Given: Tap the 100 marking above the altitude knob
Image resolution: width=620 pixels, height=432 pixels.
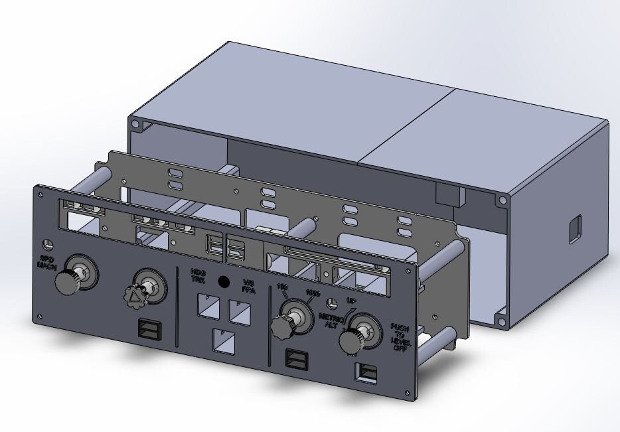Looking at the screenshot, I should coord(281,288).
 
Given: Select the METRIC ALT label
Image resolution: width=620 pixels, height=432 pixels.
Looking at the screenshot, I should coord(330,321).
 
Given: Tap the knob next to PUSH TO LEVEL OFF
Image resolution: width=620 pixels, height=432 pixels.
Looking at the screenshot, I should coord(350,340).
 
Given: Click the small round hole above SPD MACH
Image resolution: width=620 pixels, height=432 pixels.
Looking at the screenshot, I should coord(47,243).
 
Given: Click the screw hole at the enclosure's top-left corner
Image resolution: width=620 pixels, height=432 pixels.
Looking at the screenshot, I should coord(135,124).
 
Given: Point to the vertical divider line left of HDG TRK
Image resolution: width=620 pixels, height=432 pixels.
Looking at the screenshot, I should coord(177,306).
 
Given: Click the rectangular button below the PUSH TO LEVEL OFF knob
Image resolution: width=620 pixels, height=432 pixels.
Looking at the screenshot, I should coord(366,373).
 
